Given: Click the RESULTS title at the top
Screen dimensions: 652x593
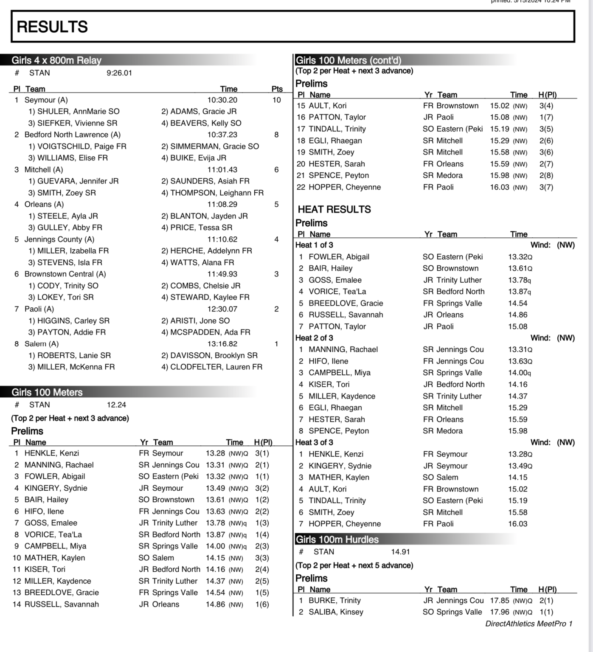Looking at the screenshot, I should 52,27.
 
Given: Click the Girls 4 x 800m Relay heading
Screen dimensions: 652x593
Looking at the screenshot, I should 56,60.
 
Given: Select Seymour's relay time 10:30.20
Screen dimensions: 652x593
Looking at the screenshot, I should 222,100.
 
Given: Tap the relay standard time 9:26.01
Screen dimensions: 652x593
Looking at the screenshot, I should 119,73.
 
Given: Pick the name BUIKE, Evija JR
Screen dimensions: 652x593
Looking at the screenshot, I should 198,158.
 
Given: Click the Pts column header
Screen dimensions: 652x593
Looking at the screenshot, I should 277,89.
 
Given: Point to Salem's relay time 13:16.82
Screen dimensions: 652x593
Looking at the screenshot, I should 222,344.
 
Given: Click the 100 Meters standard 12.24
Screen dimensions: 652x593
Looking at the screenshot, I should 116,405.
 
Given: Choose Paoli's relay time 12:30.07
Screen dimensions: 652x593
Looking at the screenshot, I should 222,309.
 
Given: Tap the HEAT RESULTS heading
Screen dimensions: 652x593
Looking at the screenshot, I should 334,209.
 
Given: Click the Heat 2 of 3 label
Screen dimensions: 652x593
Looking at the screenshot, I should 314,338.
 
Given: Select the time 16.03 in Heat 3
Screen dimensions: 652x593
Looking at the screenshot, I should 517,524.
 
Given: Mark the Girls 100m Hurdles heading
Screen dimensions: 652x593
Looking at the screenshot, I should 337,540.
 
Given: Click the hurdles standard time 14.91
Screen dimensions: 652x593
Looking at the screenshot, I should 400,552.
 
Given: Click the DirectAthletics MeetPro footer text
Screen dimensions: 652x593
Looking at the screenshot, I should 528,624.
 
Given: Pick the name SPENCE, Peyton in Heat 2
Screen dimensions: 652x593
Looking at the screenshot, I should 338,431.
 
